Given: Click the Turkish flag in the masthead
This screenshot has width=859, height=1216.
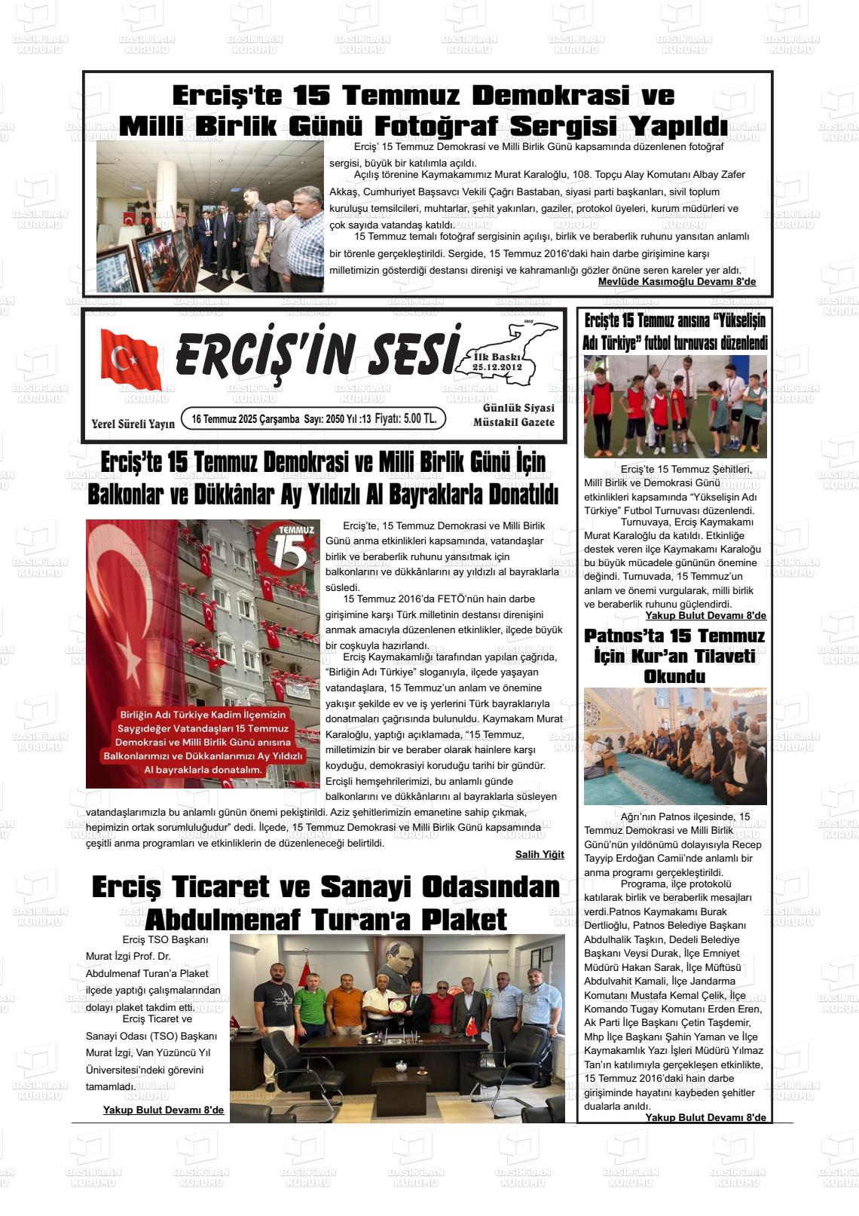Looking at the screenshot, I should pyautogui.click(x=130, y=360).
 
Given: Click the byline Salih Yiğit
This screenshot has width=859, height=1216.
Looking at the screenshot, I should pyautogui.click(x=540, y=854).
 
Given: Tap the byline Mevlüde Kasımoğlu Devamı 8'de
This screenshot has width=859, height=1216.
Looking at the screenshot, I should pyautogui.click(x=677, y=282).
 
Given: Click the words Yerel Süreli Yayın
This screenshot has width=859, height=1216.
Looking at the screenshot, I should pyautogui.click(x=133, y=424).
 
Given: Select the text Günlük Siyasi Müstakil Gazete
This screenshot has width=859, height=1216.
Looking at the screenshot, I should pyautogui.click(x=514, y=415).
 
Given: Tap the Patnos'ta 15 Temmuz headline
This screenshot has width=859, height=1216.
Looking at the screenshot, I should pyautogui.click(x=674, y=636).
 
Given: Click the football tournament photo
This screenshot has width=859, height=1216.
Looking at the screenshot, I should pyautogui.click(x=675, y=407).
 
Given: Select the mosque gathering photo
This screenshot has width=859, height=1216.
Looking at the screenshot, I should pyautogui.click(x=675, y=746).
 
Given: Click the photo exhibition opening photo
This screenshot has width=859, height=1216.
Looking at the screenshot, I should pyautogui.click(x=210, y=217).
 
